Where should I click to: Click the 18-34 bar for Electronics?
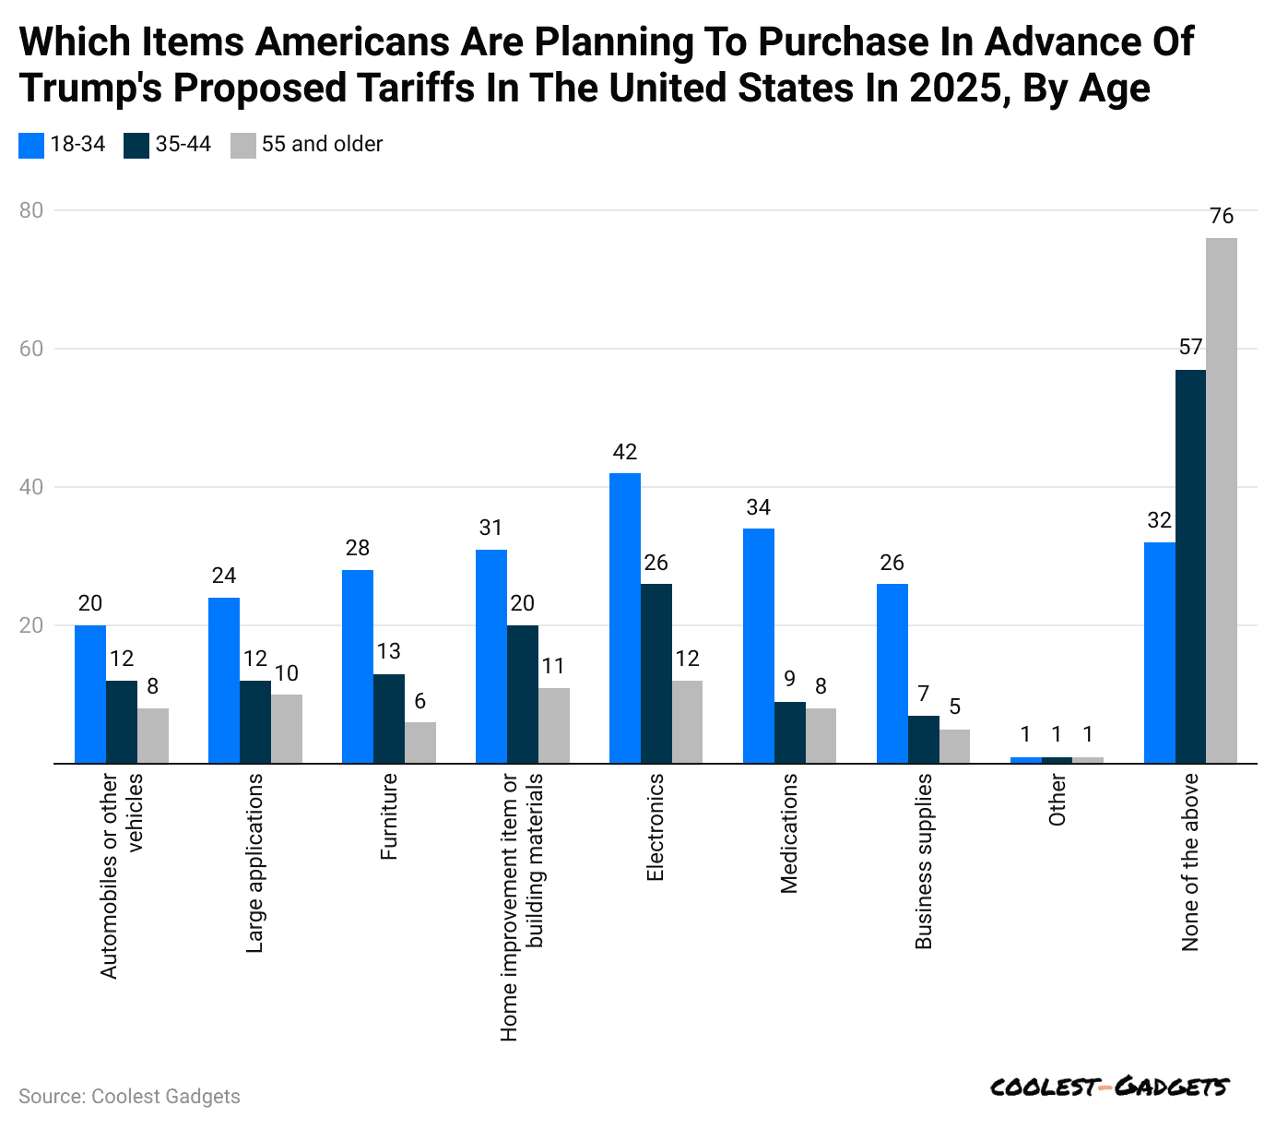(x=625, y=618)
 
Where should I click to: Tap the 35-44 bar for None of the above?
(x=1190, y=566)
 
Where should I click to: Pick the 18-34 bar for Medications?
(x=759, y=646)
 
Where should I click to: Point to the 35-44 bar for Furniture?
(x=389, y=719)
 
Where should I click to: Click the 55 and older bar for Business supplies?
(x=954, y=746)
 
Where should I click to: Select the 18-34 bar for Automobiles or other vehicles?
(x=90, y=695)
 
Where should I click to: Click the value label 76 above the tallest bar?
(x=1222, y=217)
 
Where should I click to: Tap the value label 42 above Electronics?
(x=625, y=452)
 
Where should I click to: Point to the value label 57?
(x=1190, y=348)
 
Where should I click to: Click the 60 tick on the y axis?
(x=32, y=349)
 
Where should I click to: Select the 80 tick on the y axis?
(x=32, y=210)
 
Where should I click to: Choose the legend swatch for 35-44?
(x=136, y=145)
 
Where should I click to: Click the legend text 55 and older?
(x=322, y=144)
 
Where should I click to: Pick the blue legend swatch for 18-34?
(x=30, y=145)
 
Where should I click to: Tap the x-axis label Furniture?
(x=389, y=817)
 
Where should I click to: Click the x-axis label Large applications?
(x=255, y=862)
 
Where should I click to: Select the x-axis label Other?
(x=1057, y=800)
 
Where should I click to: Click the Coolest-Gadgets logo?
(x=1108, y=1087)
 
